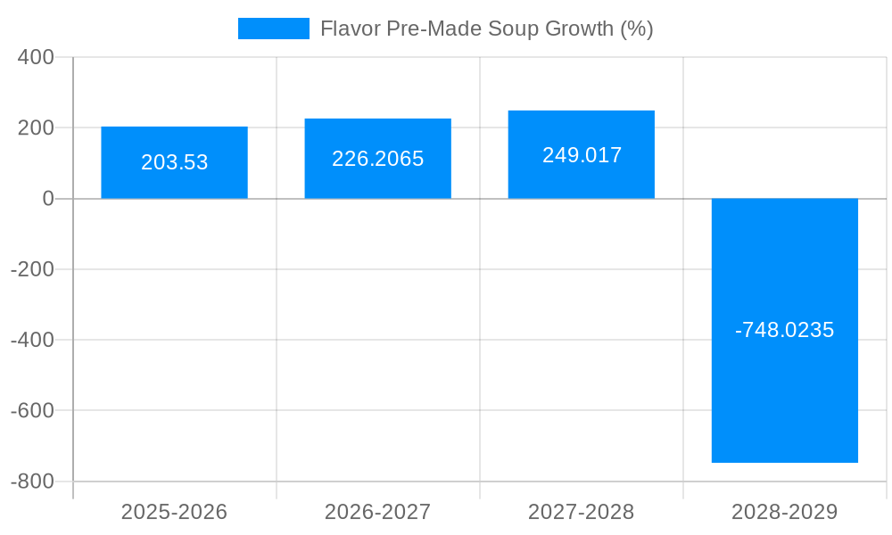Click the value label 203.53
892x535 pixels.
[174, 162]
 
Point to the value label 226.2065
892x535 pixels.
[377, 159]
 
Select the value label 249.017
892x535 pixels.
[582, 155]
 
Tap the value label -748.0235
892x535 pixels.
[784, 330]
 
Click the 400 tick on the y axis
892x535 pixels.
[36, 57]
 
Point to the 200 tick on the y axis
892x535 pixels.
[36, 128]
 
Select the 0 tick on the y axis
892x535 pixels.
[48, 198]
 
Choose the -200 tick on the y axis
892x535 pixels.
[32, 269]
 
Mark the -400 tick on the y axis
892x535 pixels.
[32, 340]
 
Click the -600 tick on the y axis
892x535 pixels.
[32, 410]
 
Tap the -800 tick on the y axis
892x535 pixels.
[32, 481]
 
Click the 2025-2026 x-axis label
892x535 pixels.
[174, 512]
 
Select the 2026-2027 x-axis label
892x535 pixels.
[377, 512]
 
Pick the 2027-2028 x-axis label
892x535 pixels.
[581, 512]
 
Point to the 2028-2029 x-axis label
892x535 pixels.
[784, 512]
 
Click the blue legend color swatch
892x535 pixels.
[273, 29]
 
